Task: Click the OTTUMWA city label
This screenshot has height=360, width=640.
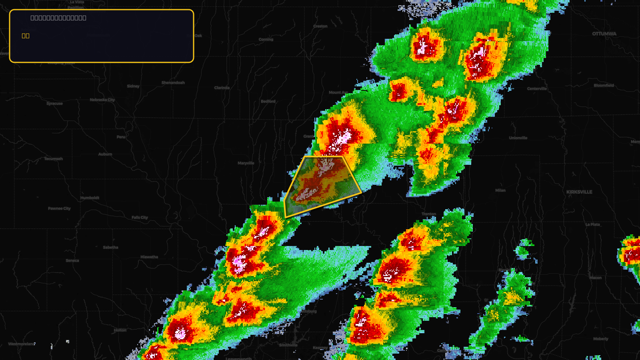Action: click(604, 34)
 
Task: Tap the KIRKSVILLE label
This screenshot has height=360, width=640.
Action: click(579, 192)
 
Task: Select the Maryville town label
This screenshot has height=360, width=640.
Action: click(246, 163)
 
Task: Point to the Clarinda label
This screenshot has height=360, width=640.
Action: click(222, 88)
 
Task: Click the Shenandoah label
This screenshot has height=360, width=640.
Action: click(173, 83)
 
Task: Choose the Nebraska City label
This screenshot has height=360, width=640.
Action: click(102, 100)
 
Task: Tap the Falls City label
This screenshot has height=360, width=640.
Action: click(140, 218)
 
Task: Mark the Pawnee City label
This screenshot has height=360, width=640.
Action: click(59, 208)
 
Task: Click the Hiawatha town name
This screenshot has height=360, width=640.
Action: click(149, 257)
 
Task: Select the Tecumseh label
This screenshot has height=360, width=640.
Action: click(53, 159)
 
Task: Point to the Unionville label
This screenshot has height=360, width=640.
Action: click(518, 138)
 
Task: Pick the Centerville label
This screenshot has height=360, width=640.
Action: click(537, 89)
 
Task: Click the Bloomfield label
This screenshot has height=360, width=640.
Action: click(604, 86)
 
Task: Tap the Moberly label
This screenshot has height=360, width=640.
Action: click(600, 339)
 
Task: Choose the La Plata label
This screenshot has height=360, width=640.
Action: click(592, 224)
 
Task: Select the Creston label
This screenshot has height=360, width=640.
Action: click(320, 26)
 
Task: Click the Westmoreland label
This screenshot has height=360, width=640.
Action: click(22, 344)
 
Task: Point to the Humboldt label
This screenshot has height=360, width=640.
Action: click(90, 198)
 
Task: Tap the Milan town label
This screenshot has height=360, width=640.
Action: click(500, 190)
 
